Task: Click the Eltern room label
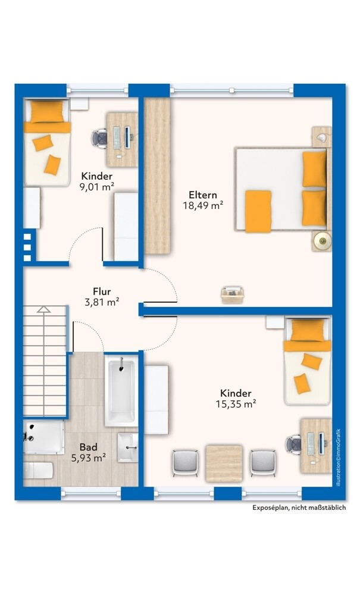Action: (203, 195)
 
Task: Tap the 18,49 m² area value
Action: (203, 205)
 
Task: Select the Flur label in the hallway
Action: (102, 292)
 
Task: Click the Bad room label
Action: (89, 447)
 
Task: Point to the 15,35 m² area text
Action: (236, 404)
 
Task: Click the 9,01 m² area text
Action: (97, 186)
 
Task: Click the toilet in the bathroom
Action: (38, 471)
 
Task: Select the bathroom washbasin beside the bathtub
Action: (128, 448)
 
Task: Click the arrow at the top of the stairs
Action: (43, 309)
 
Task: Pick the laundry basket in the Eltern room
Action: (232, 295)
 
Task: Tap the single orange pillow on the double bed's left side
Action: (258, 211)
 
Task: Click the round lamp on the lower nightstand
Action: (322, 240)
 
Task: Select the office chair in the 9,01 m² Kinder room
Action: (99, 139)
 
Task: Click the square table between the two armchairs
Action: (224, 464)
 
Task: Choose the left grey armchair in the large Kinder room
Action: (185, 463)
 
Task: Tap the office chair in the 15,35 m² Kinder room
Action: (293, 444)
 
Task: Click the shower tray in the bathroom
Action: (43, 437)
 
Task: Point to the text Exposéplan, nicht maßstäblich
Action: (299, 508)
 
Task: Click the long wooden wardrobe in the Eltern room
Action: (156, 176)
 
